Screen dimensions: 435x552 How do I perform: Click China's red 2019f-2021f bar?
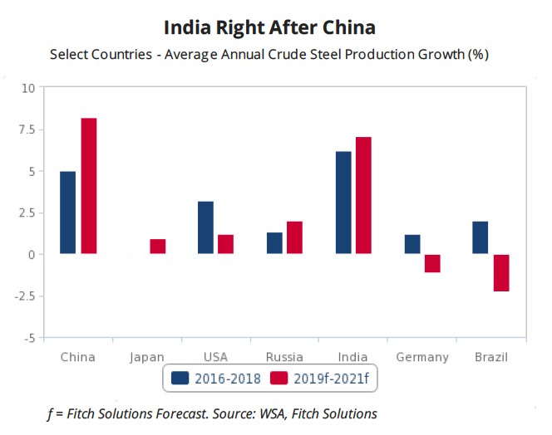tap(89, 186)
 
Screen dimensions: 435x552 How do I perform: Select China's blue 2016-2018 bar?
tap(68, 213)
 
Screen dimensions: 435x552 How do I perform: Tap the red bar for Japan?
tap(158, 247)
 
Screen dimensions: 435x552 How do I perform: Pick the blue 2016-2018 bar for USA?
tap(205, 227)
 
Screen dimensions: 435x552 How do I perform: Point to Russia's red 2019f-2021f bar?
tap(295, 237)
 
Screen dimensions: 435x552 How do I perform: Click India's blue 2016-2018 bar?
tap(343, 203)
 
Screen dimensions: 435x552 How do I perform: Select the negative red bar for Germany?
tap(432, 263)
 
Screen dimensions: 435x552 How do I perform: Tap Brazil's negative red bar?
tap(501, 272)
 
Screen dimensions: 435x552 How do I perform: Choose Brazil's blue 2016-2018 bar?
tap(481, 237)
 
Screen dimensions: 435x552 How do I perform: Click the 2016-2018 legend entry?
tap(216, 379)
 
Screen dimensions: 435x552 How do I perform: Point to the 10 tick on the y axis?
tap(28, 88)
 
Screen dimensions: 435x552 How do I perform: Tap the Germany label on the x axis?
tap(422, 357)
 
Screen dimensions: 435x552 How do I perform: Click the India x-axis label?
tap(353, 357)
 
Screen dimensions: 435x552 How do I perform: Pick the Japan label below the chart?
tap(147, 357)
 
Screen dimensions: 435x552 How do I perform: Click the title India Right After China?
tap(269, 27)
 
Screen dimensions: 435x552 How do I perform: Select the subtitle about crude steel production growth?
tap(269, 56)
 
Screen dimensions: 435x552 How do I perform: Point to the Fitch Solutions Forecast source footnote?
tap(212, 413)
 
